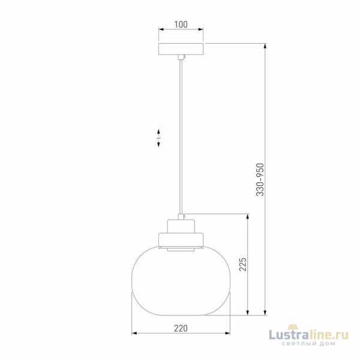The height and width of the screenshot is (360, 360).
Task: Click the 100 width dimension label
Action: tap(181, 25)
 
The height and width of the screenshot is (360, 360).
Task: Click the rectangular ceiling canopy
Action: tap(181, 49)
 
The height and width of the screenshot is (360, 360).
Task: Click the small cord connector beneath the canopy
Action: tap(181, 57)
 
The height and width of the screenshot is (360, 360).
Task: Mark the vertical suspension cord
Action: tap(181, 138)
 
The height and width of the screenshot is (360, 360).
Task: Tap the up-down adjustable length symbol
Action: tap(158, 137)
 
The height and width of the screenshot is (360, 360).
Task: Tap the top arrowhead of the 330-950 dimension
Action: tap(265, 45)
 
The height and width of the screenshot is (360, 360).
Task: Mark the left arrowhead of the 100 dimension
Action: tap(160, 29)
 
